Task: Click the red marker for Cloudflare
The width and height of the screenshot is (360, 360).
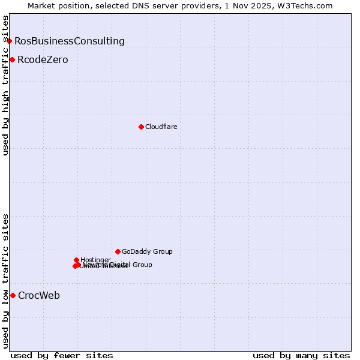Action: [x=141, y=127]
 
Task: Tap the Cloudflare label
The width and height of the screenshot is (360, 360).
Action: [x=161, y=127]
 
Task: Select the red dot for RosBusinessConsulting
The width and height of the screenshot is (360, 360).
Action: [x=10, y=41]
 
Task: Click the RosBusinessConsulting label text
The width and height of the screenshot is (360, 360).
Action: [x=70, y=41]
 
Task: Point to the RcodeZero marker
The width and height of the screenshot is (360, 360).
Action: [x=12, y=59]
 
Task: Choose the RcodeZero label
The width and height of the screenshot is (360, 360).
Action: [x=43, y=60]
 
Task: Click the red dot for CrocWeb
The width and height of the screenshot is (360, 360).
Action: [x=13, y=295]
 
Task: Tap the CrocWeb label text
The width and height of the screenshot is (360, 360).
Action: [x=39, y=295]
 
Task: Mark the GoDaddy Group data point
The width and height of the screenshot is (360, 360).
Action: [x=118, y=251]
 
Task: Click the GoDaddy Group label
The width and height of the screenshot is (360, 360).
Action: [x=147, y=251]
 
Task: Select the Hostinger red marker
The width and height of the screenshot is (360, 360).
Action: [x=77, y=260]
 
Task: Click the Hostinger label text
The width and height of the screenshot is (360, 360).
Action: [x=95, y=260]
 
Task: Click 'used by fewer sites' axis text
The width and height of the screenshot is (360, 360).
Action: [x=62, y=355]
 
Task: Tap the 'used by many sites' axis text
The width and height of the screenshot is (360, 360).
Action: [x=301, y=355]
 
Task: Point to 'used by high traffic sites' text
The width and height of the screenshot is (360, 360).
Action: [x=5, y=85]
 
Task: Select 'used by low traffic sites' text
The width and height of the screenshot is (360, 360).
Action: [x=5, y=281]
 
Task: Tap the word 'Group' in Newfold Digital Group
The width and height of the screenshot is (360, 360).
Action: [x=142, y=265]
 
